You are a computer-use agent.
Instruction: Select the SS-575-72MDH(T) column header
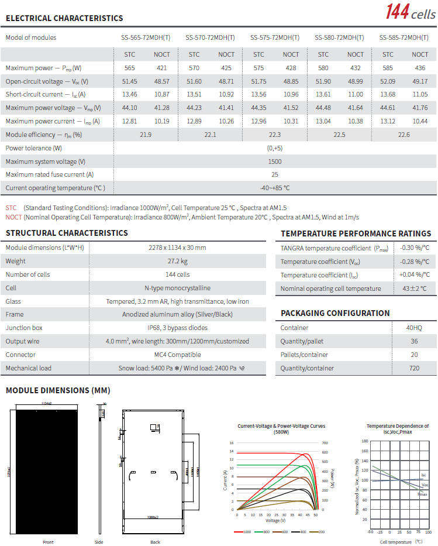coord(274,37)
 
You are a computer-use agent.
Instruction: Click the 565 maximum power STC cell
coord(130,68)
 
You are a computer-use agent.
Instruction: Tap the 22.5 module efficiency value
coord(339,135)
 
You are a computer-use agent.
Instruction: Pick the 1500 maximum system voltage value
coord(275,162)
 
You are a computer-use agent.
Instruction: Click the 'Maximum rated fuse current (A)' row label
coord(50,175)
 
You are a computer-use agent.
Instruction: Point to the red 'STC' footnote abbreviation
coord(11,208)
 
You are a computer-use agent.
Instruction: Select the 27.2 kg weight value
coord(177,261)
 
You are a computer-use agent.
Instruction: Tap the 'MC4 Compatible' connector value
coord(177,355)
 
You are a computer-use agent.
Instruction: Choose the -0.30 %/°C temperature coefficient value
coord(415,248)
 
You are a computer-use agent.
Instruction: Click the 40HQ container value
coord(414,328)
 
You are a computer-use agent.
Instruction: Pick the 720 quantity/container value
coord(414,368)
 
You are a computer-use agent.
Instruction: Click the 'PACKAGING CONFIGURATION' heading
coord(335,313)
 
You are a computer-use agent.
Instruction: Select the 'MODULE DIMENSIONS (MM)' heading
coord(58,390)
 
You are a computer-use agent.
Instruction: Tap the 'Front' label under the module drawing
coord(48,542)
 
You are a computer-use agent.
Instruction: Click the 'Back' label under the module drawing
coord(155,542)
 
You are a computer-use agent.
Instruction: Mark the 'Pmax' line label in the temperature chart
coord(422,495)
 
